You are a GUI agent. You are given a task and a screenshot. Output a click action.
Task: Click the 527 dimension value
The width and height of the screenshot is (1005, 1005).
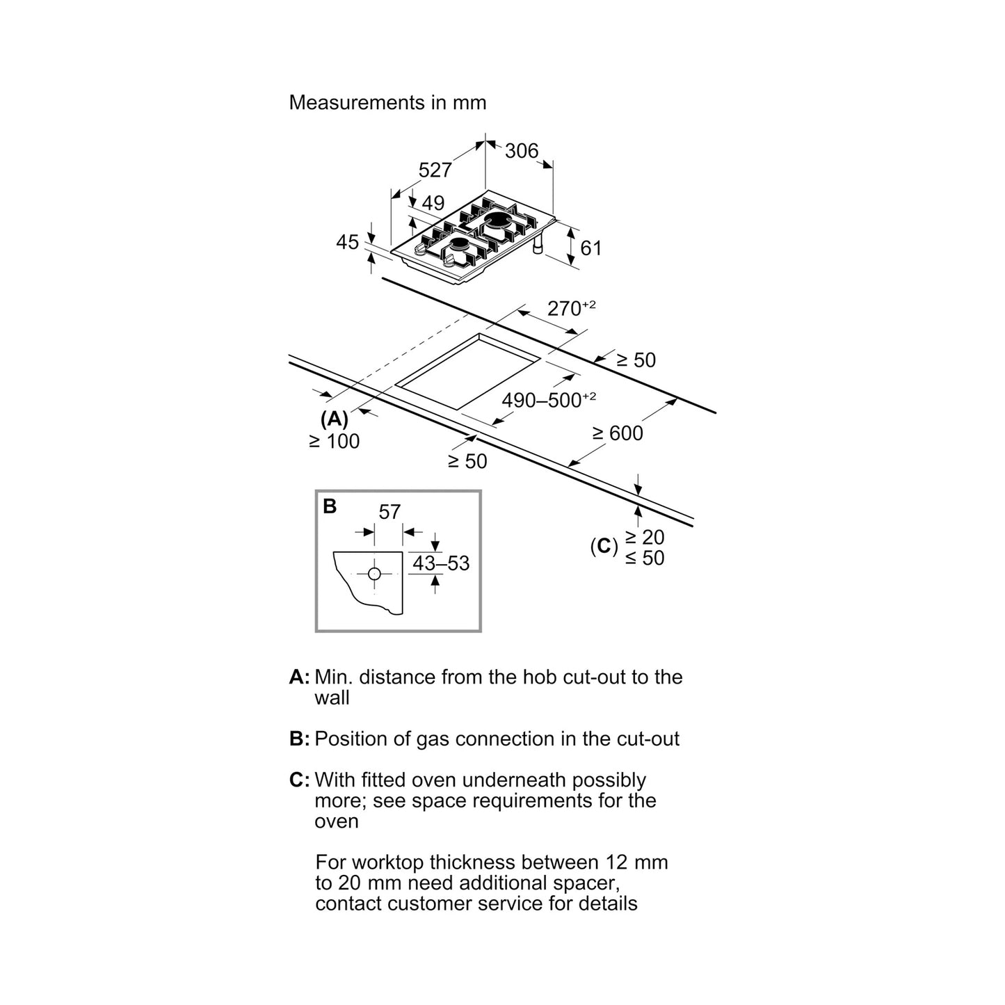coord(435,170)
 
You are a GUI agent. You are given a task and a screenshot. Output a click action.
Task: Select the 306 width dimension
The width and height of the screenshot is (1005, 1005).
coord(521,151)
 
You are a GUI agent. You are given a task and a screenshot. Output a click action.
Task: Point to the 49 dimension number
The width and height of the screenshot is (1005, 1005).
coord(433,203)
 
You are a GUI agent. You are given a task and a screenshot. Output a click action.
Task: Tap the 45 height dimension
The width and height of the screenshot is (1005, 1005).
coord(347,242)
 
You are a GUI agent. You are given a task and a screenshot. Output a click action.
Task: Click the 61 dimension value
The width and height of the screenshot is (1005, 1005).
coord(591,248)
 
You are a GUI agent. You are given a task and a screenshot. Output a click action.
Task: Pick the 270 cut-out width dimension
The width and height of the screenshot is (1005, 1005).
coord(571,307)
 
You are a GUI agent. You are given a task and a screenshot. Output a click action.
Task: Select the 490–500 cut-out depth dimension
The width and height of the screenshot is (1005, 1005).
coord(549,400)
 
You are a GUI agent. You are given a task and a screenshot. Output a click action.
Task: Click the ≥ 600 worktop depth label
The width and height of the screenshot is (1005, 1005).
coord(618,433)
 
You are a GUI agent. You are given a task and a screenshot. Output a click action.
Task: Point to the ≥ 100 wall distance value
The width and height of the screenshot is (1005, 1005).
coord(335,441)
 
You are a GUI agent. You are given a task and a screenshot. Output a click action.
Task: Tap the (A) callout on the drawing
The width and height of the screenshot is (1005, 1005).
coord(334,419)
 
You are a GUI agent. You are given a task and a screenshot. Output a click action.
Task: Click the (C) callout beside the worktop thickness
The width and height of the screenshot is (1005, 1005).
coord(604,546)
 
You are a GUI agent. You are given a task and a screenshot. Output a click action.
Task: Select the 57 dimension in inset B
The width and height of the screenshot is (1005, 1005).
coord(389,512)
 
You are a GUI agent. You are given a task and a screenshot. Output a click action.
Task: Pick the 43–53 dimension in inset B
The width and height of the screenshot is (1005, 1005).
coord(441,563)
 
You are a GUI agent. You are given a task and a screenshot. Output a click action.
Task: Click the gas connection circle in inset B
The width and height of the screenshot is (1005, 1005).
coord(374,574)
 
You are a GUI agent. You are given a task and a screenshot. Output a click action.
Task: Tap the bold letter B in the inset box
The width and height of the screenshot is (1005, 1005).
coord(330,506)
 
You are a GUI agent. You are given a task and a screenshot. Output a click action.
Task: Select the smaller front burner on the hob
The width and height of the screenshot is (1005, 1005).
coord(459,246)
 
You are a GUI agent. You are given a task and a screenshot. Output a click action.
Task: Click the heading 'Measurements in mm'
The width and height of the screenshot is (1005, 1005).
coord(387,103)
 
